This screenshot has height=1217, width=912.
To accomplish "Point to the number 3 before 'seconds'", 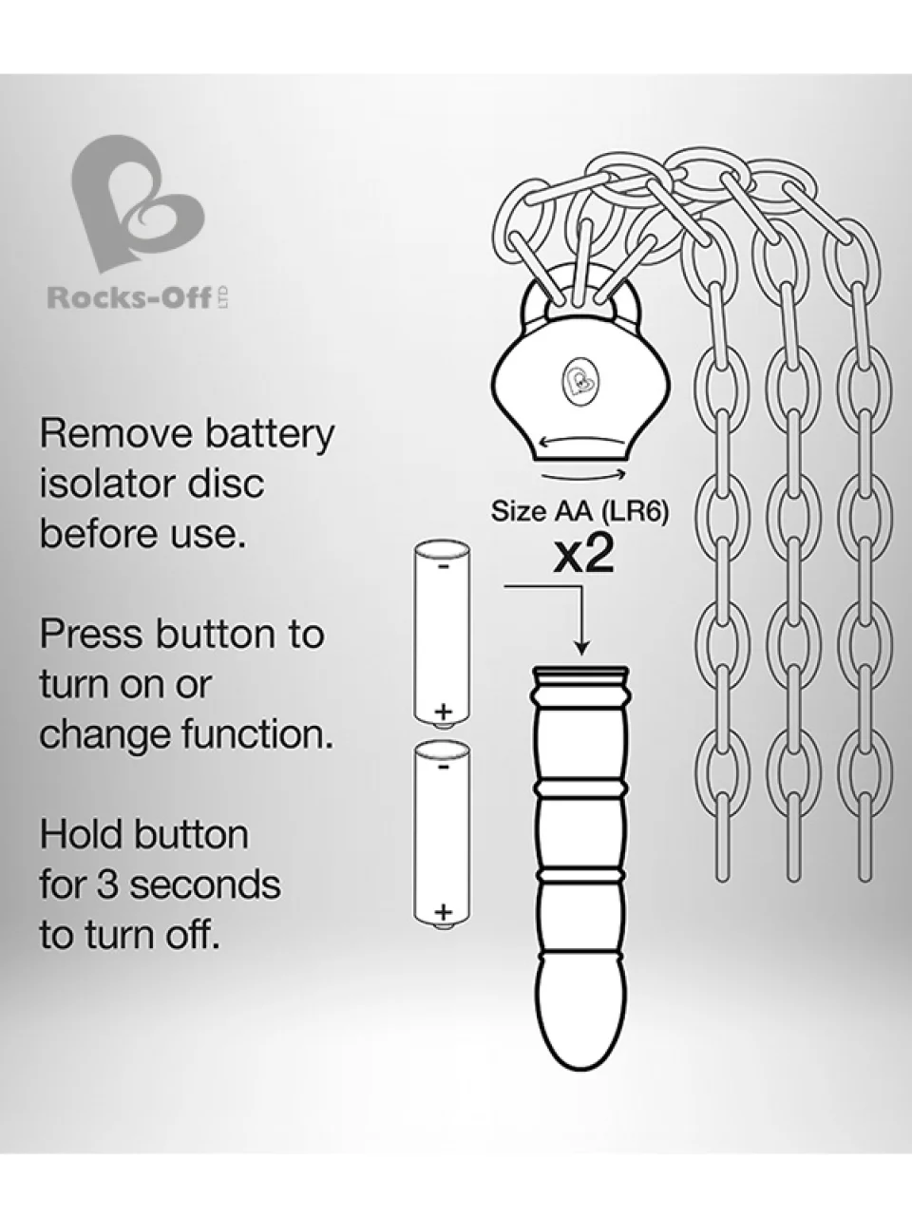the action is (108, 884).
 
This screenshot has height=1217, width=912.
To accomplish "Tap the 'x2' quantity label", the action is (584, 556).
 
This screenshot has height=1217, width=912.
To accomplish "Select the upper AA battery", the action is (442, 636).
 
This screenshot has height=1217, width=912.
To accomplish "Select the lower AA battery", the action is (442, 835).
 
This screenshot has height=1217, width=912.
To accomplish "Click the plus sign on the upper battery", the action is (443, 711).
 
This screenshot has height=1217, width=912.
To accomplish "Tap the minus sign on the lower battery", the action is (443, 767).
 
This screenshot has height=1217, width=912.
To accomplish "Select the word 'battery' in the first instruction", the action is (270, 435).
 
